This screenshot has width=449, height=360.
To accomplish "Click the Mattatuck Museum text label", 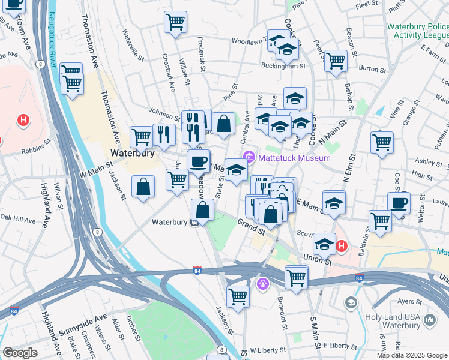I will (294, 158).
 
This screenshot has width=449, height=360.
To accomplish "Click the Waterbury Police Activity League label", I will (417, 31).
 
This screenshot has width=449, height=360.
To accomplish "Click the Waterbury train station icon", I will (194, 223).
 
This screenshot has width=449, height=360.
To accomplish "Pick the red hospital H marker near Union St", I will (342, 246).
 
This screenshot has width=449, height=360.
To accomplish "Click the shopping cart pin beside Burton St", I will (336, 60).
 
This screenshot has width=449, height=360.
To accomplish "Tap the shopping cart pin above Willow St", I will (175, 22).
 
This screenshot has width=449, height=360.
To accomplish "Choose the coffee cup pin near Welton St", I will (399, 202).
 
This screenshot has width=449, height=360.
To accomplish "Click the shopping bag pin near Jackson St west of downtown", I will (143, 187).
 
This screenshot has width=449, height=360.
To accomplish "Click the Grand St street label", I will (251, 227).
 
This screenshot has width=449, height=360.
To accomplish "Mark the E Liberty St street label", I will (340, 346).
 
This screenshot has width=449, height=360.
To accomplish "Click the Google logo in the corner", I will (20, 352).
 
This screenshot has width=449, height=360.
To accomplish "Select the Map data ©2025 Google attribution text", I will (412, 355).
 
